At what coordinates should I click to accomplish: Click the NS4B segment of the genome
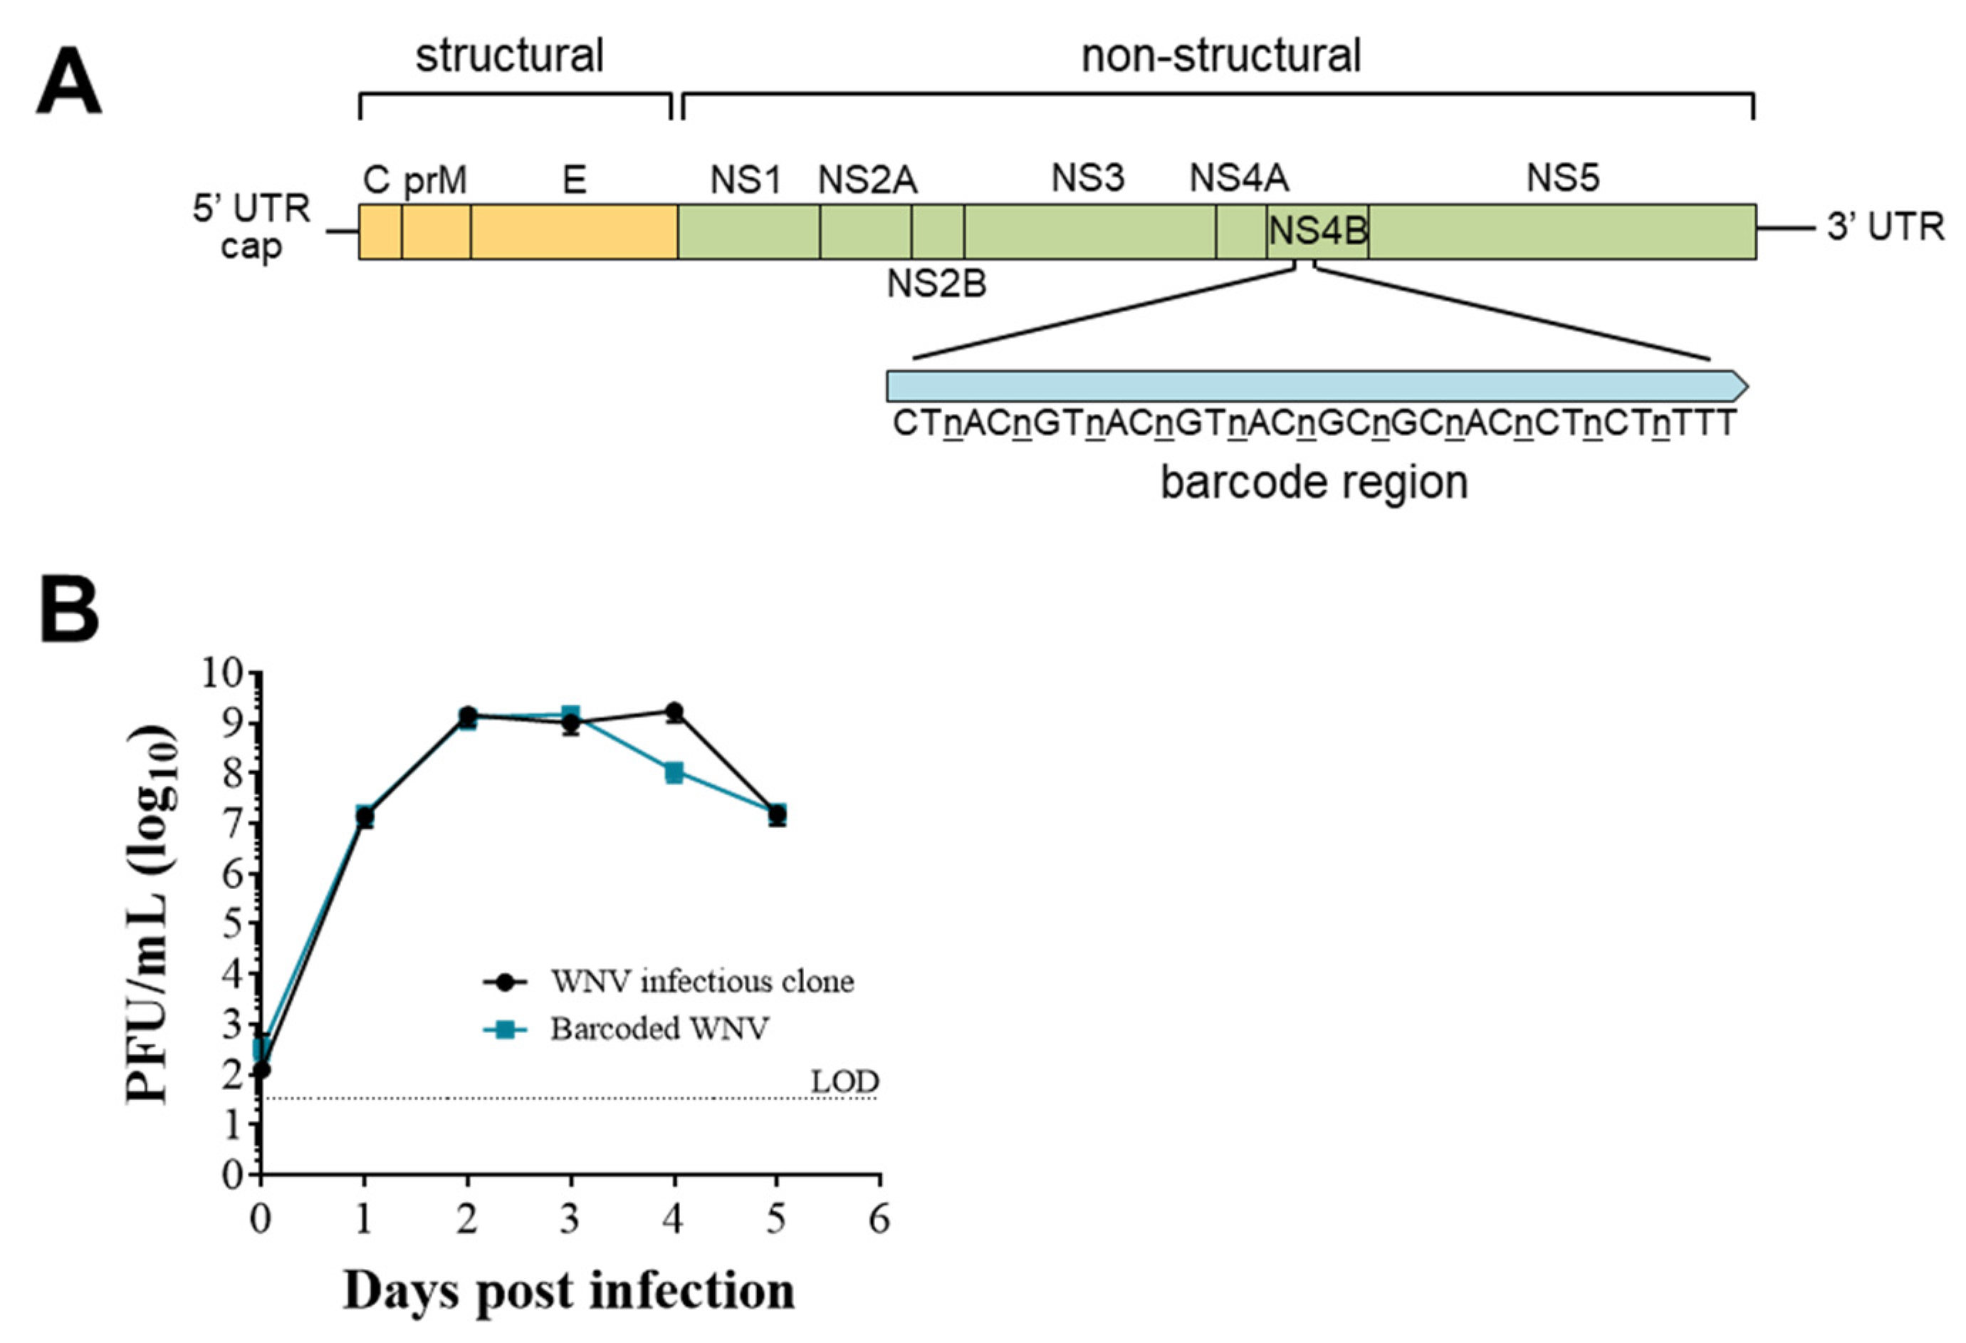pyautogui.click(x=1317, y=231)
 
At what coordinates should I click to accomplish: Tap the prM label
pyautogui.click(x=435, y=180)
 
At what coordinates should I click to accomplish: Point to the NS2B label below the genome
pyautogui.click(x=936, y=284)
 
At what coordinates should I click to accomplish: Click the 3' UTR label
pyautogui.click(x=1886, y=227)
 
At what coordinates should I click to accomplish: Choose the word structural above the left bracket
pyautogui.click(x=509, y=57)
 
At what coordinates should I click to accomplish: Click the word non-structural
pyautogui.click(x=1220, y=57)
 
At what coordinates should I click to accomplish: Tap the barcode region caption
pyautogui.click(x=1313, y=483)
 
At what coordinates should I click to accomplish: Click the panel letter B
pyautogui.click(x=68, y=611)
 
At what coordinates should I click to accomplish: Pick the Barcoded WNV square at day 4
pyautogui.click(x=674, y=772)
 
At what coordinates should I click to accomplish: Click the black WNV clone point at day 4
pyautogui.click(x=674, y=712)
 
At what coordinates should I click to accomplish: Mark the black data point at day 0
pyautogui.click(x=262, y=1069)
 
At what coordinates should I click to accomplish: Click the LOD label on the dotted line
pyautogui.click(x=845, y=1082)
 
